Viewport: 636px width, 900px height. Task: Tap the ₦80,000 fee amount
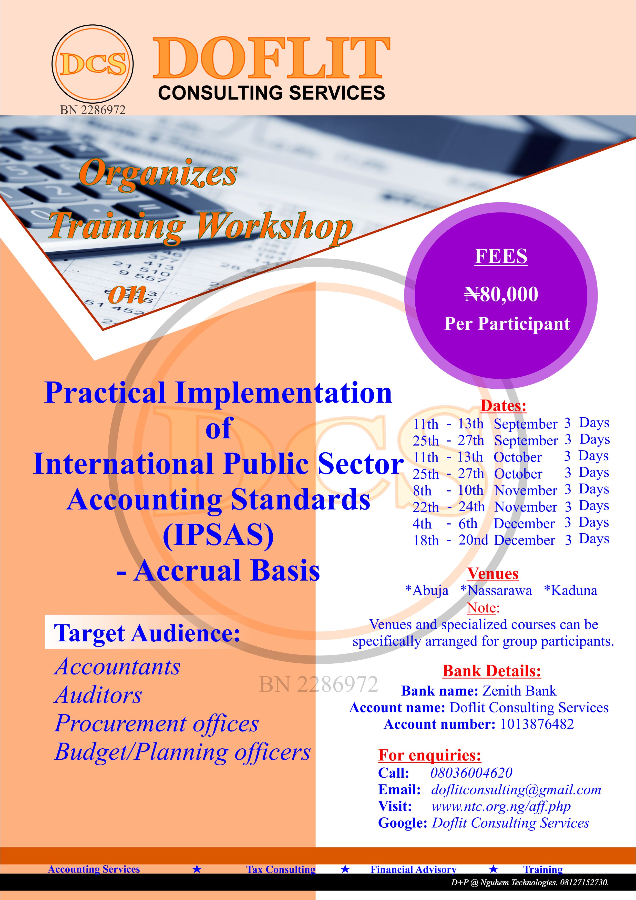[x=501, y=294]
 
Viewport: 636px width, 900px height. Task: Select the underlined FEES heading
[x=501, y=257]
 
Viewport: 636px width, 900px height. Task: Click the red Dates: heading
[x=503, y=406]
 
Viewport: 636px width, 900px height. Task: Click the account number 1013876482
[x=537, y=724]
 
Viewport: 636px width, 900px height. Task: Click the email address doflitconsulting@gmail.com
[x=516, y=790]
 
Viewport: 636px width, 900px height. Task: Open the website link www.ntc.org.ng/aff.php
[x=501, y=806]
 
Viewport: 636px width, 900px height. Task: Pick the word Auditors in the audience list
[x=98, y=695]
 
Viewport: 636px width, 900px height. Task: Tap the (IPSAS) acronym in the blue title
[x=218, y=535]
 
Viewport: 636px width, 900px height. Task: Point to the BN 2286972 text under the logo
[x=93, y=110]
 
